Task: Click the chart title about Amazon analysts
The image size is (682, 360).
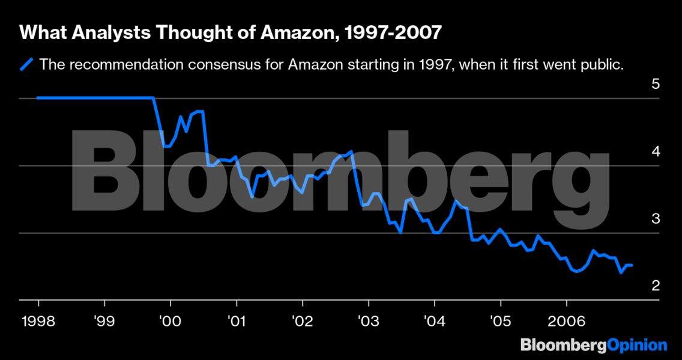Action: tap(231, 33)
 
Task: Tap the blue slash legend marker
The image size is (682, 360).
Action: tap(26, 64)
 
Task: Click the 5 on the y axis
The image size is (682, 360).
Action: tap(656, 84)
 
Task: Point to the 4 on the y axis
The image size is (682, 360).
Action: tap(656, 151)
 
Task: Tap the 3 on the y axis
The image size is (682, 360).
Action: tap(656, 218)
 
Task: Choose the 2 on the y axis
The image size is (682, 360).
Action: tap(656, 286)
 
